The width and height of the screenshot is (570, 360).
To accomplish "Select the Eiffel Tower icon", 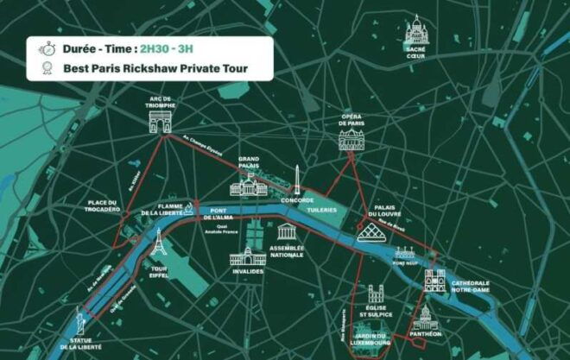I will click(158, 245).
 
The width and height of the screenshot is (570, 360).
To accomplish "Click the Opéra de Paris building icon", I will click(351, 142).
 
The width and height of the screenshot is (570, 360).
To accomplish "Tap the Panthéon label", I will click(424, 333).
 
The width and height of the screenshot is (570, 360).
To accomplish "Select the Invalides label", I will click(247, 272).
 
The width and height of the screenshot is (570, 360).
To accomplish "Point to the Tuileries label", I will click(320, 209).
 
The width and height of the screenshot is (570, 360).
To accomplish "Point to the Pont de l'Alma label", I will click(219, 214).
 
